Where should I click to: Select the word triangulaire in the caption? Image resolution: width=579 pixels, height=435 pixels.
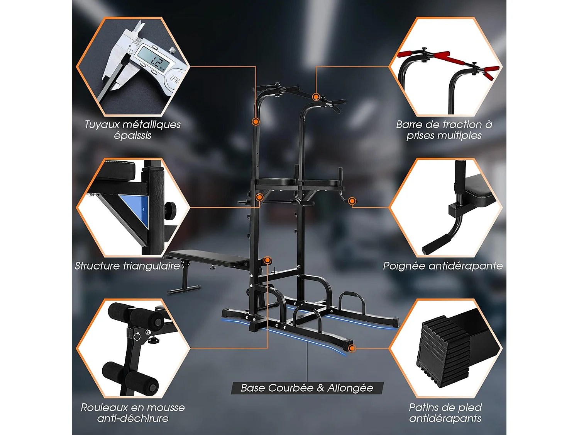(151, 266)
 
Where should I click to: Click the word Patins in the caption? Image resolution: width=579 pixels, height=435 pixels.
(423, 408)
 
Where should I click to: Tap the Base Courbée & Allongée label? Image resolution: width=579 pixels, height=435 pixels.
(307, 388)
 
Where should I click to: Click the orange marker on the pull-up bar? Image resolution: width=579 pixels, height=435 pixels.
(316, 97)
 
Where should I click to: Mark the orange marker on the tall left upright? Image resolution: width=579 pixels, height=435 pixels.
(256, 122)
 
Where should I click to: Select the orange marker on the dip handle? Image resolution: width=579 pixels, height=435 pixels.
(352, 201)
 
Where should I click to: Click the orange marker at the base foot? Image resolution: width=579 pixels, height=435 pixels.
(351, 348)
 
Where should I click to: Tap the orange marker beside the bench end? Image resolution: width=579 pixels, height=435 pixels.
(267, 260)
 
